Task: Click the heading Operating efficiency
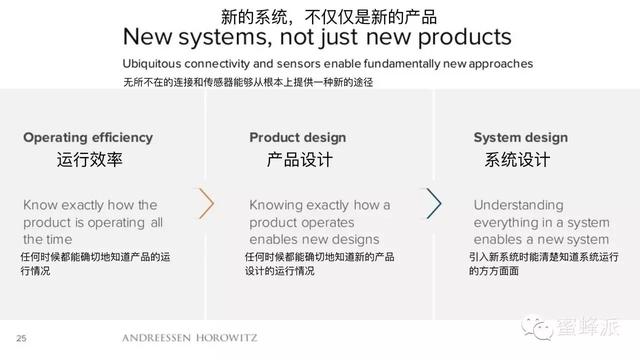click(88, 137)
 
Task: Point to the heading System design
click(520, 137)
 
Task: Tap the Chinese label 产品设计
click(300, 160)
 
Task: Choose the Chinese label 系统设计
click(518, 160)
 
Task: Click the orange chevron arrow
click(207, 203)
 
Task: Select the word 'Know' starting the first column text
click(42, 205)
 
